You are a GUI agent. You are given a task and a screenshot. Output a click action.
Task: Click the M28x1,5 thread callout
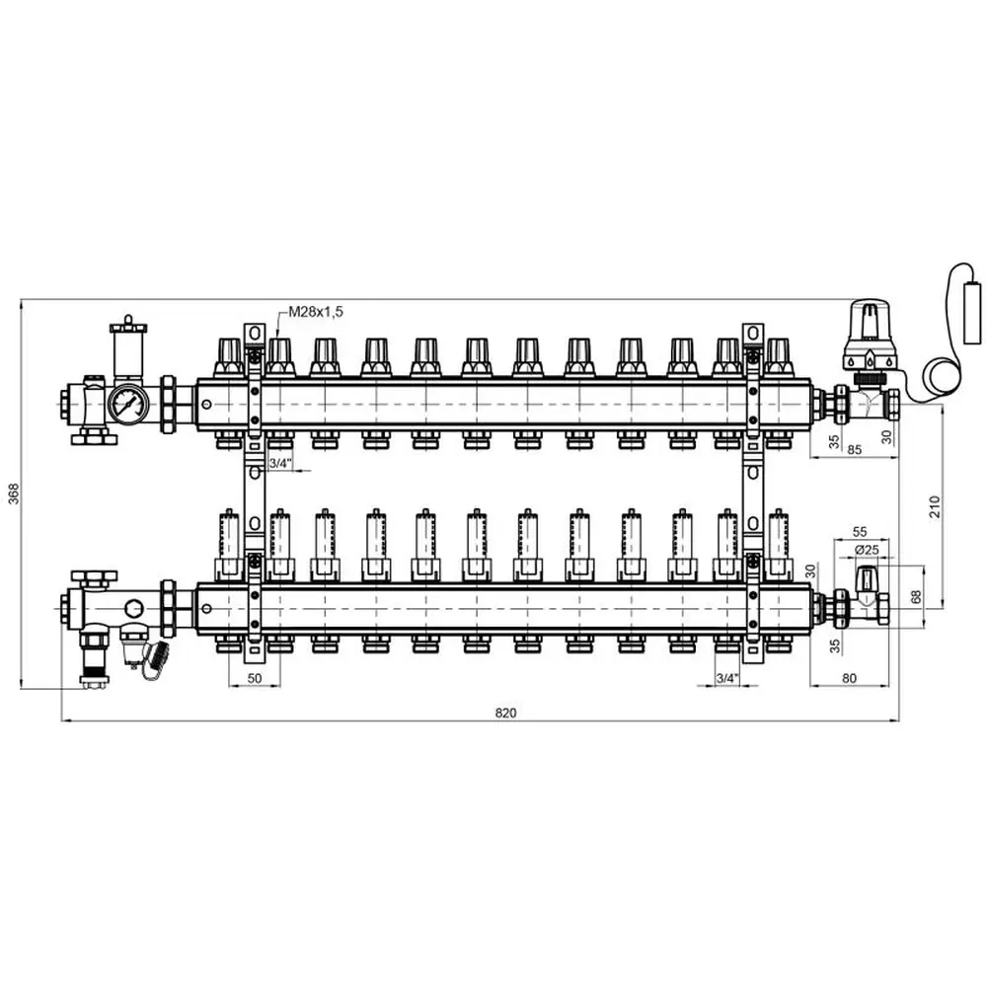pyautogui.click(x=316, y=312)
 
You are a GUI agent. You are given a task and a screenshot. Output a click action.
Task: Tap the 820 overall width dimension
pyautogui.click(x=505, y=713)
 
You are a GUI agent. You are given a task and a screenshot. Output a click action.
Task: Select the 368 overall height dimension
pyautogui.click(x=14, y=494)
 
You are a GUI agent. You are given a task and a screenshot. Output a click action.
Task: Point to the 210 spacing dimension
pyautogui.click(x=935, y=506)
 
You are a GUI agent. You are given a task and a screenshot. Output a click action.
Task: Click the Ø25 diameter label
pyautogui.click(x=867, y=550)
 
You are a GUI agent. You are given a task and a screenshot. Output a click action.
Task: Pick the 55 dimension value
pyautogui.click(x=860, y=532)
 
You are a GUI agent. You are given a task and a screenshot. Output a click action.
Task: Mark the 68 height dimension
pyautogui.click(x=917, y=596)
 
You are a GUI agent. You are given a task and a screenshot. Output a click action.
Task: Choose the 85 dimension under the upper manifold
pyautogui.click(x=854, y=449)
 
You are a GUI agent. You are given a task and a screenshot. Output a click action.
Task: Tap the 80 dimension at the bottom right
pyautogui.click(x=849, y=678)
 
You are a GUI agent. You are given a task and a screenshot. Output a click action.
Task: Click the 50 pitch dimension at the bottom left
pyautogui.click(x=255, y=678)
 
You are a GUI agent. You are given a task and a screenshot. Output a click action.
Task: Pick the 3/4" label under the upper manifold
pyautogui.click(x=280, y=463)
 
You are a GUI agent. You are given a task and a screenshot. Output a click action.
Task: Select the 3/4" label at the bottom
pyautogui.click(x=727, y=678)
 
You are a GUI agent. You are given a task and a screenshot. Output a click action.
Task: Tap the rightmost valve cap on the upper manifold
pyautogui.click(x=778, y=357)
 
